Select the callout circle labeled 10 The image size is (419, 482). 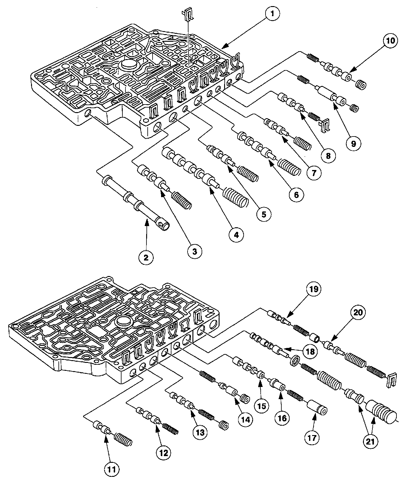click(391, 41)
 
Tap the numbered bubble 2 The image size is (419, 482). click(146, 257)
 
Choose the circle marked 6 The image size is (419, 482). click(296, 194)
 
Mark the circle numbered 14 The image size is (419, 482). click(245, 419)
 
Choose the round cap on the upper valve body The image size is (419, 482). click(128, 65)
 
